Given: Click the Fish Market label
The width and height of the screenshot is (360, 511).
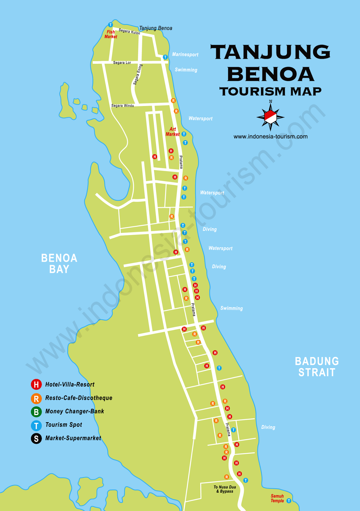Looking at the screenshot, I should [111, 34].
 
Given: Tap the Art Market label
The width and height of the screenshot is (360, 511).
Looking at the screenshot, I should [172, 132].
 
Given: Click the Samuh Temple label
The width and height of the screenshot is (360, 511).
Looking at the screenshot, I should [277, 498].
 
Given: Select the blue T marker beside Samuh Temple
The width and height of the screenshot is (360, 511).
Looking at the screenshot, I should [289, 501].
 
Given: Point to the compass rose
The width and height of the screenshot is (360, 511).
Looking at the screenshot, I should [270, 117].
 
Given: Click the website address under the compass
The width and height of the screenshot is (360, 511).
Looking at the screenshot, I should [270, 137].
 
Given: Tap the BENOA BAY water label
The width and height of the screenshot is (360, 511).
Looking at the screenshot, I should [59, 263].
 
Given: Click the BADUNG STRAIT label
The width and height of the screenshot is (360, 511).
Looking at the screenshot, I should [317, 367].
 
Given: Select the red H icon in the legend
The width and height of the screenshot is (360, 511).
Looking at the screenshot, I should [36, 385].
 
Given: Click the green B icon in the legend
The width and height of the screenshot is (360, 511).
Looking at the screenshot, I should [36, 412].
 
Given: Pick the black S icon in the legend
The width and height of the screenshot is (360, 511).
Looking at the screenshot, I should [36, 439].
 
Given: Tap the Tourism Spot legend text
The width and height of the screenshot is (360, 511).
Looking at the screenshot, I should [64, 425].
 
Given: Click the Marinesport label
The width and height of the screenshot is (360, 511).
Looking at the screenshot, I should [185, 55].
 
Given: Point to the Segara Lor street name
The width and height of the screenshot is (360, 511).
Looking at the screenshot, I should [122, 63].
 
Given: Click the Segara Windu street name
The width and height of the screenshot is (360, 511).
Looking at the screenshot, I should [123, 105].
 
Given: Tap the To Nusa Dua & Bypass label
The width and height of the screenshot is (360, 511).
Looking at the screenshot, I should [225, 489].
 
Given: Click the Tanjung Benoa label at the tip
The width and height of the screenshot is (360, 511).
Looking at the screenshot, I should [156, 28].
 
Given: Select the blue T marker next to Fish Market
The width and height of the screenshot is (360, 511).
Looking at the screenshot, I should [110, 25].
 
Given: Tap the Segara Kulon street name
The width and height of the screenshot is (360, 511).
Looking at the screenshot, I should [129, 32].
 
